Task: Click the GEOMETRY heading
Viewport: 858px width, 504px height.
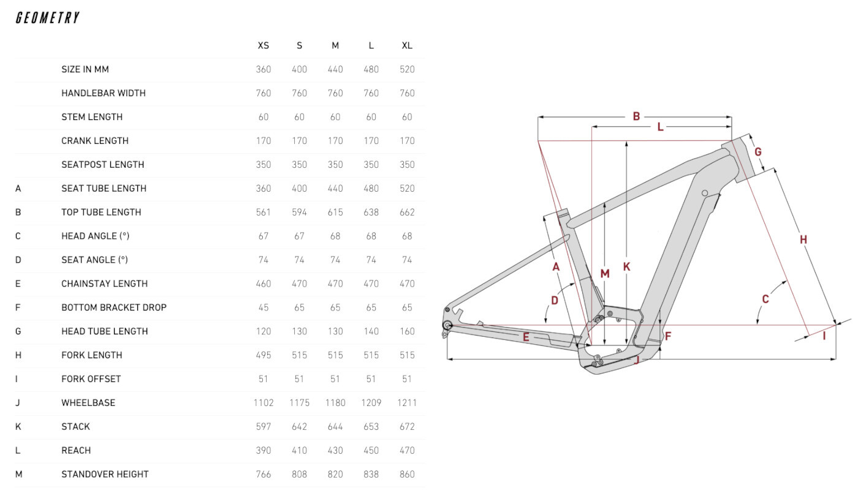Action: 48,18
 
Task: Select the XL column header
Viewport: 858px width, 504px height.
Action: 407,45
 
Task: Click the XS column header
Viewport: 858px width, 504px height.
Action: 263,45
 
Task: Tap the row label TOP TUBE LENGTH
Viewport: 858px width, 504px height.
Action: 101,212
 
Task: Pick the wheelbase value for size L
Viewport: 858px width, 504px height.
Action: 371,402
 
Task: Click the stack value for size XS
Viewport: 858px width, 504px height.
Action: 263,426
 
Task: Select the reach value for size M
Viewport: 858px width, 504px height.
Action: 335,450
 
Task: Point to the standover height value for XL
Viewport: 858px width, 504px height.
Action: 407,474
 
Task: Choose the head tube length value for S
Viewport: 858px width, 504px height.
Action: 299,331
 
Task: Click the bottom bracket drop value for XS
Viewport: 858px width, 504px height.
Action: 263,307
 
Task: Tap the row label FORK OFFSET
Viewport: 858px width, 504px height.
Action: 91,379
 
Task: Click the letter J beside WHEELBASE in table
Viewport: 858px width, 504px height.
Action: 18,402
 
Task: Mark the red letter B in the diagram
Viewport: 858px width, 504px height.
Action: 636,116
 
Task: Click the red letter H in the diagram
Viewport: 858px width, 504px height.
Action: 803,239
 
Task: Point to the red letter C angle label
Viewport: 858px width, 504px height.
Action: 765,299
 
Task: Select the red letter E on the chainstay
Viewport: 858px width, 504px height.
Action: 526,336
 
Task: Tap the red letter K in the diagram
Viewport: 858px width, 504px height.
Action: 626,267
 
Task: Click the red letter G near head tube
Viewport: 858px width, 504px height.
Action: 757,152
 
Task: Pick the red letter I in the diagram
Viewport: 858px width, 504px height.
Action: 824,336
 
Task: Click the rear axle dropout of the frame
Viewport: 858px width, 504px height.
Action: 447,325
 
